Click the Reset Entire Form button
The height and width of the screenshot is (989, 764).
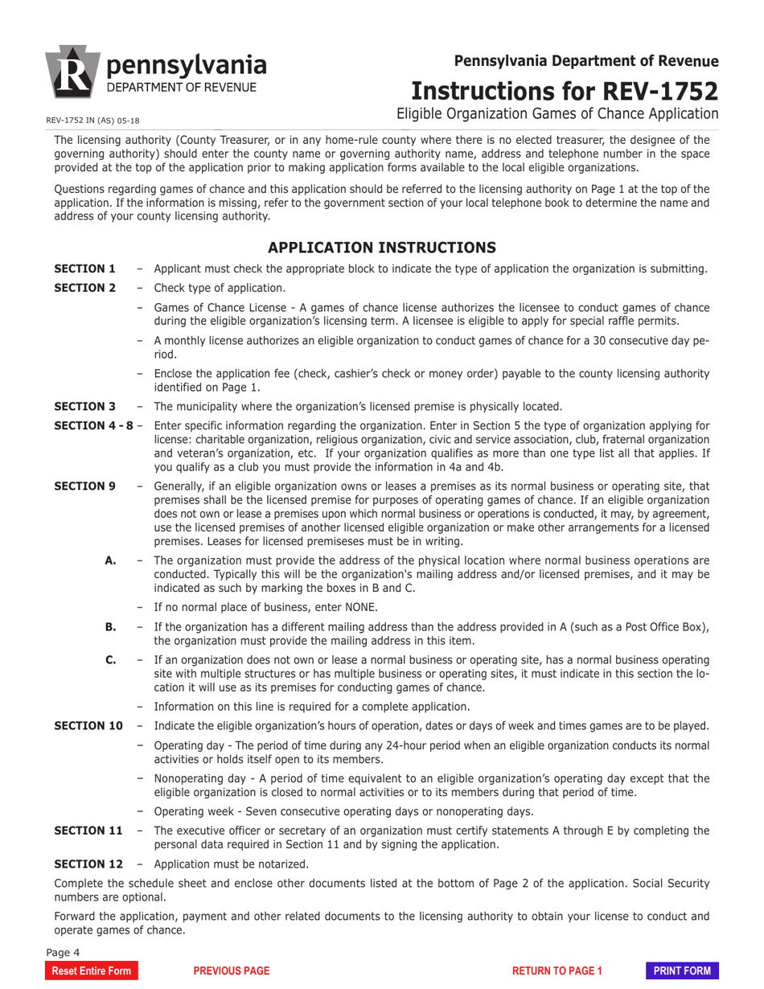click(x=91, y=971)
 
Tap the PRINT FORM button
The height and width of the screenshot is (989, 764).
click(x=682, y=971)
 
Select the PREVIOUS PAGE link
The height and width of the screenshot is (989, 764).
click(x=232, y=971)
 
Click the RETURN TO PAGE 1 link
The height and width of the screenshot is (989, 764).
click(x=557, y=971)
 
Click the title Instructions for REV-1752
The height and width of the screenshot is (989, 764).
click(x=565, y=89)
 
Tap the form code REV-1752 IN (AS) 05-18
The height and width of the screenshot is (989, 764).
click(x=92, y=121)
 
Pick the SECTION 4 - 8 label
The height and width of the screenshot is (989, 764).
click(x=93, y=425)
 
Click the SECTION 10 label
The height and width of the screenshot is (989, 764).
click(x=88, y=725)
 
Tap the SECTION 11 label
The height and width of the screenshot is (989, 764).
click(x=88, y=830)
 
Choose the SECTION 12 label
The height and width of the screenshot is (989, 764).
click(x=88, y=864)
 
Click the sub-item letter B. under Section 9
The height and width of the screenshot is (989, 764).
click(x=111, y=626)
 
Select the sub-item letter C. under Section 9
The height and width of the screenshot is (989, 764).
click(x=111, y=659)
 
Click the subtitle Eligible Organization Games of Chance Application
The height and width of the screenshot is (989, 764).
click(x=557, y=113)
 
